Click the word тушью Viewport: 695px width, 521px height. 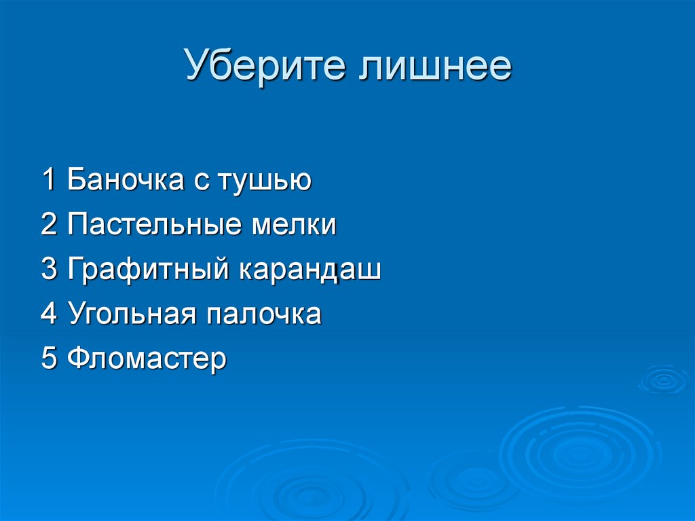tap(264, 181)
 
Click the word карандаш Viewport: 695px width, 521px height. tap(309, 270)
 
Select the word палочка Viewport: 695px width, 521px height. tap(265, 315)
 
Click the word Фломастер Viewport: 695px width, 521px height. tap(147, 359)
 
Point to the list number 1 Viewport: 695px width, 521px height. tap(48, 180)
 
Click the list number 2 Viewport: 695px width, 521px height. tap(48, 225)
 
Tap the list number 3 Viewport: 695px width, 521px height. tap(48, 270)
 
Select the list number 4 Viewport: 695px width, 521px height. tap(48, 315)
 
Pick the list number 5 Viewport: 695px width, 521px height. tap(48, 359)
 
